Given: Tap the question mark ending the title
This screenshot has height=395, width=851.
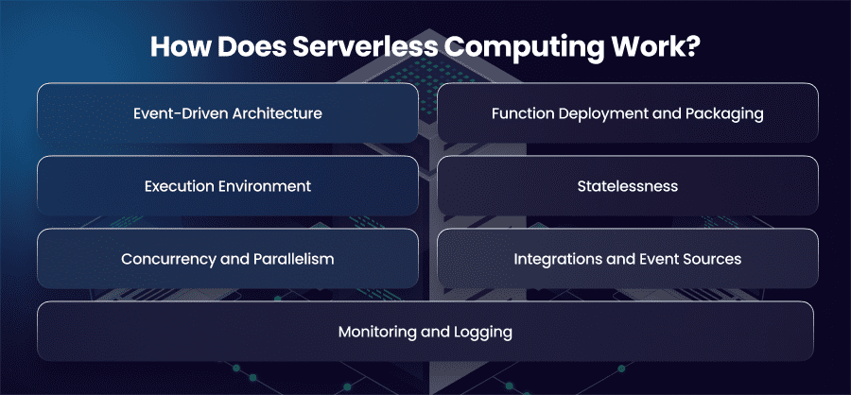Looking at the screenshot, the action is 692,47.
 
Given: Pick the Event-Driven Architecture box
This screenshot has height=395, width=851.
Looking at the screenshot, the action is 228,112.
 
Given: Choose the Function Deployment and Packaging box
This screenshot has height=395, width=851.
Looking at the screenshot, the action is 628,112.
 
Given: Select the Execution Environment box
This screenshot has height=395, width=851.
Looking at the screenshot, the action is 228,186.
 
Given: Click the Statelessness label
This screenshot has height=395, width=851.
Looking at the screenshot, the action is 628,186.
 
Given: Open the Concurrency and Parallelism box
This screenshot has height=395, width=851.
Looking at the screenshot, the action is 228,258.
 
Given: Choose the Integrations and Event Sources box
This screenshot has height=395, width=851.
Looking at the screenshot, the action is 628,258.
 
